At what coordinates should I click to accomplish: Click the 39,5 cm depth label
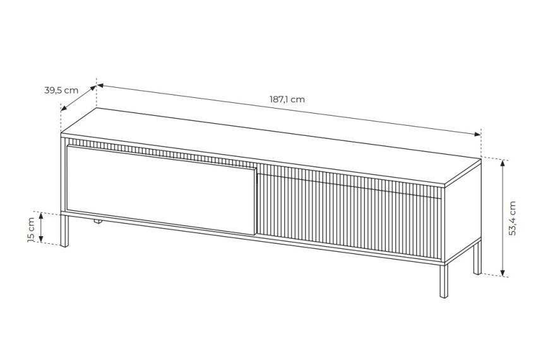(61, 90)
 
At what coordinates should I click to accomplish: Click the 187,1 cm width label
(287, 99)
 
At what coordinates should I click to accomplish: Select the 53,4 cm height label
(513, 219)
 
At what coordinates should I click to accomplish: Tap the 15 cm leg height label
(31, 229)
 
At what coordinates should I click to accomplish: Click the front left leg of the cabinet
(64, 231)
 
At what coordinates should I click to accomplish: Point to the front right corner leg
(443, 280)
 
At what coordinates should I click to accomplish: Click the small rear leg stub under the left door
(97, 222)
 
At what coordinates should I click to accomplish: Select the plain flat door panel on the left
(162, 189)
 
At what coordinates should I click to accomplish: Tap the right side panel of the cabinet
(463, 212)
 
